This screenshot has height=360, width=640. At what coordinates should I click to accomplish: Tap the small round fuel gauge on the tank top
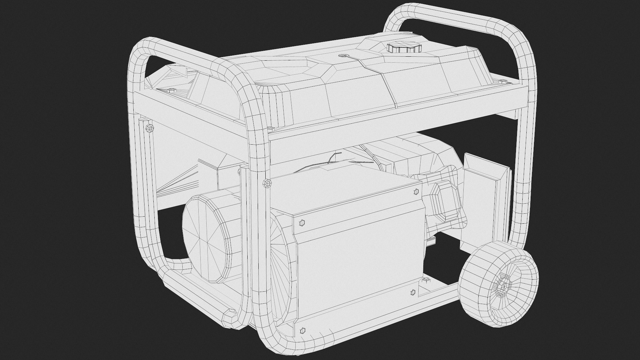click(x=342, y=56)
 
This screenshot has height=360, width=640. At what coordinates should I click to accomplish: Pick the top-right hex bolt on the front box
click(x=416, y=191)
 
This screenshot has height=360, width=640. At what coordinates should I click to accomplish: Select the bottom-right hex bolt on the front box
click(x=413, y=293)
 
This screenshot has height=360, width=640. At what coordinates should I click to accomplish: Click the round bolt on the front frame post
click(x=267, y=183)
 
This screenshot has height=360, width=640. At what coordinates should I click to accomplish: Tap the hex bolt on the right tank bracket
click(x=503, y=81)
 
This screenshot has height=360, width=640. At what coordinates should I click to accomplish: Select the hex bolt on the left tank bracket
click(x=171, y=90)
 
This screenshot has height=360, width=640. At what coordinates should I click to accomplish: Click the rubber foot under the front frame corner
click(x=230, y=314)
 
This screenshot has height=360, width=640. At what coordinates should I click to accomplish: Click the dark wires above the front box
click(x=333, y=160)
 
